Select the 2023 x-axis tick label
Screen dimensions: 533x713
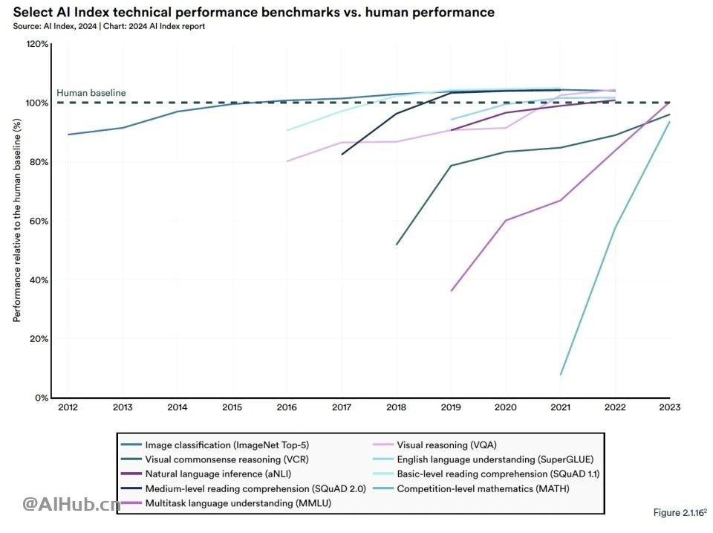670,407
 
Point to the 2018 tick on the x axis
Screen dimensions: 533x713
397,407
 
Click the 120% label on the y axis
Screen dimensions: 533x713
37,45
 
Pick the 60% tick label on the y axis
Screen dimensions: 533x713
39,222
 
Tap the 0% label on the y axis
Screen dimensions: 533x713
42,398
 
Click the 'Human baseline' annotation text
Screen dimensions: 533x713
91,93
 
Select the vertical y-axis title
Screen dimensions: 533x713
16,221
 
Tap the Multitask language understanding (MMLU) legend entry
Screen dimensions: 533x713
229,503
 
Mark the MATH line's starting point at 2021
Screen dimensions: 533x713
561,375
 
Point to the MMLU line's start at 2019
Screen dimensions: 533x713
452,291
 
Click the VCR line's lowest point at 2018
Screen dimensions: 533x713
397,245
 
